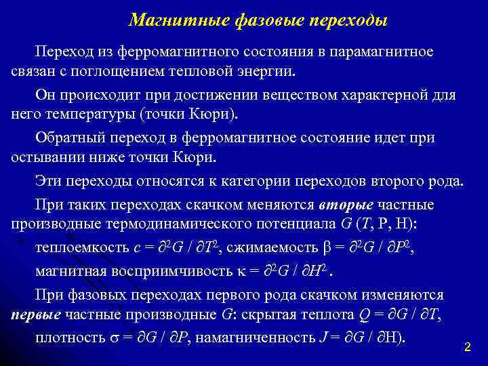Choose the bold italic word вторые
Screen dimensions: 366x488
pos(346,205)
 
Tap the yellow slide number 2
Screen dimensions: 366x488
pos(467,346)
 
